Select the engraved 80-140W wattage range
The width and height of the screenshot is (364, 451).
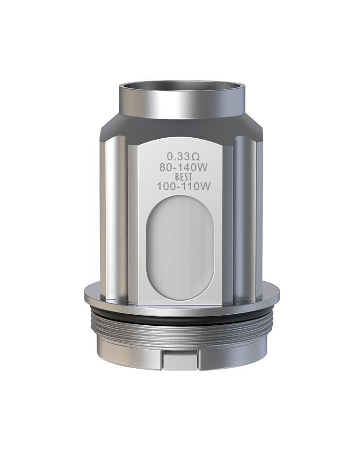(x=180, y=167)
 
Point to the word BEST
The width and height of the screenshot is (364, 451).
(x=180, y=177)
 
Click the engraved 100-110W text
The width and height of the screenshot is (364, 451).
(x=180, y=186)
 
